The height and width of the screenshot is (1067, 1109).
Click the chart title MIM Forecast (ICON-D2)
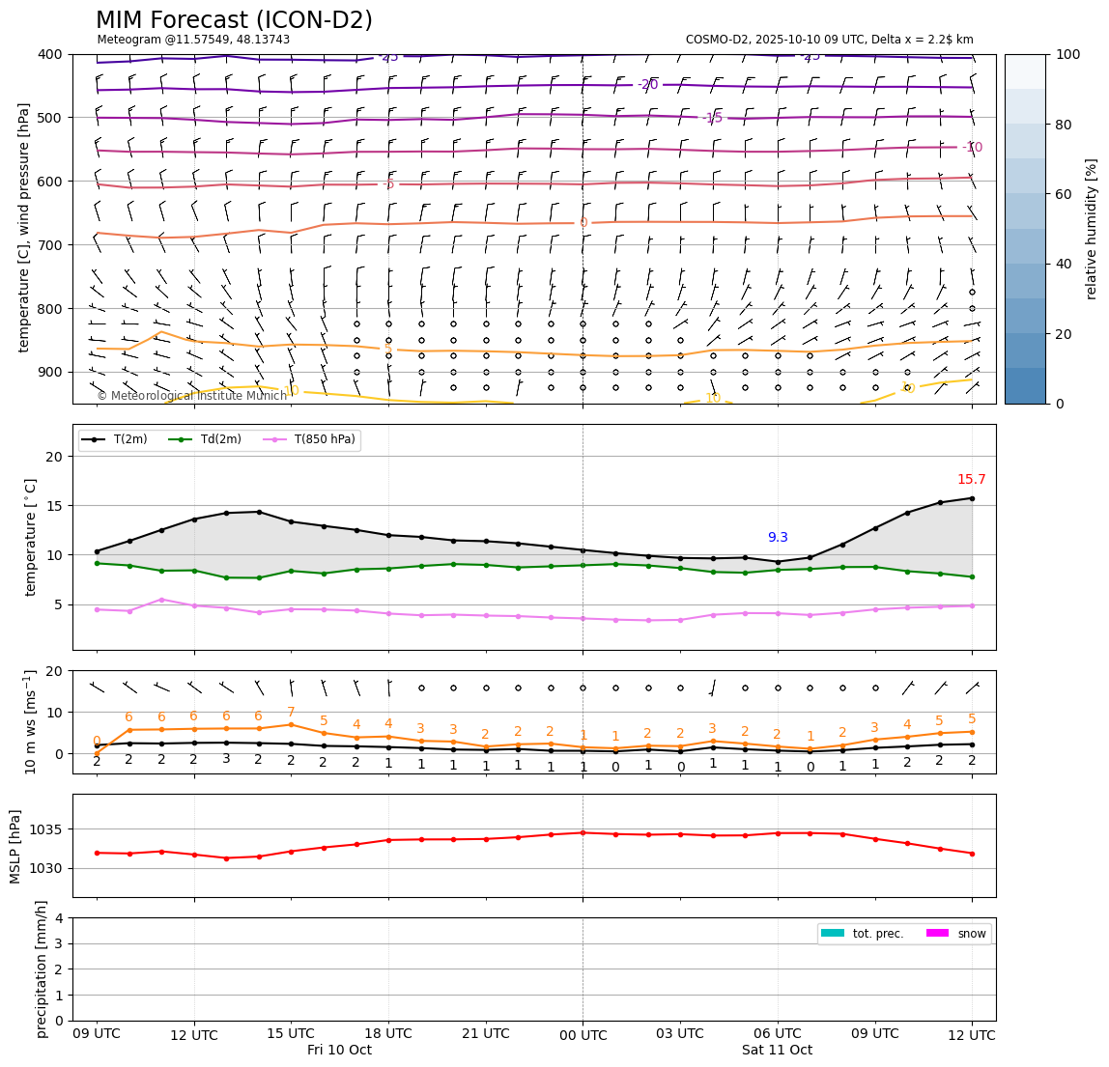(x=234, y=20)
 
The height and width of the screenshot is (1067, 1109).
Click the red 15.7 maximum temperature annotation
(x=971, y=480)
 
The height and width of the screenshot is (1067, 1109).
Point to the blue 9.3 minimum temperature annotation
(x=778, y=538)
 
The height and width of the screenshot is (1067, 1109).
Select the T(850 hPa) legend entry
(x=323, y=439)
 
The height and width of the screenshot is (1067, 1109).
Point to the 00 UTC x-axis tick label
(x=583, y=1034)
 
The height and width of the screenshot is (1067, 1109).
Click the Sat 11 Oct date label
(x=777, y=1051)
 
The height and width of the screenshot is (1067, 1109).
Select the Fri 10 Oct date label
(x=339, y=1051)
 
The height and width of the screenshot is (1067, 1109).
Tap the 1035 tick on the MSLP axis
(x=47, y=829)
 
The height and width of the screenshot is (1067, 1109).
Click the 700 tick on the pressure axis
(x=47, y=245)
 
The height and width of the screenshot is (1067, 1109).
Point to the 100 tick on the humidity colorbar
(x=1067, y=55)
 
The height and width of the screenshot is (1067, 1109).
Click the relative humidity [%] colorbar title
(x=1092, y=229)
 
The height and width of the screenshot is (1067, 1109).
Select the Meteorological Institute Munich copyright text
(x=192, y=396)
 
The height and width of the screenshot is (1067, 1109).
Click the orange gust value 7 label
(x=291, y=713)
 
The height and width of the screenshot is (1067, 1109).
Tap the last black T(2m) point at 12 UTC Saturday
(x=972, y=498)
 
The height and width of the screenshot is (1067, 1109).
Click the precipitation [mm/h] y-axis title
(x=42, y=969)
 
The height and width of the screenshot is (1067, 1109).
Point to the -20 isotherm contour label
(x=647, y=85)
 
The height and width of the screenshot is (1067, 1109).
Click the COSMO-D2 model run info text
(x=829, y=40)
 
